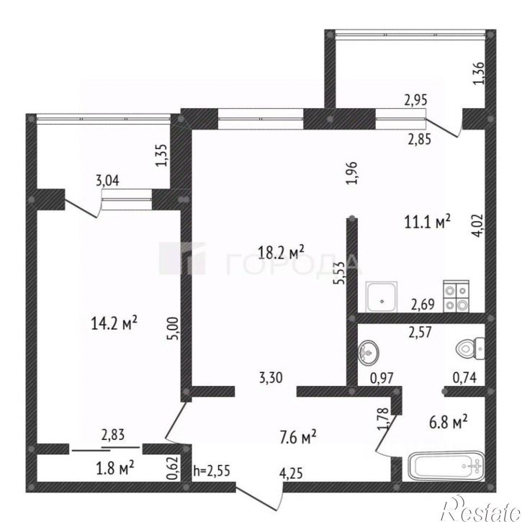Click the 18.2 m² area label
[x=282, y=252]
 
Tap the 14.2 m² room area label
[x=114, y=323]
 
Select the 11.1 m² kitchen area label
[x=428, y=221]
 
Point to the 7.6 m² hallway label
[x=298, y=437]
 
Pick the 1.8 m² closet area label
[x=115, y=468]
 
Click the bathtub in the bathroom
[x=446, y=466]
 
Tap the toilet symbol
[x=470, y=348]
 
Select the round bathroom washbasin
[x=369, y=352]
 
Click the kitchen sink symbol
[x=382, y=297]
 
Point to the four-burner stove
[x=456, y=297]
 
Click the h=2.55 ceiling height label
[x=212, y=471]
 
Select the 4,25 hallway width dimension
[x=292, y=474]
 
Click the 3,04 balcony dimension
[x=107, y=181]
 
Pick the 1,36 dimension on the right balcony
[x=480, y=74]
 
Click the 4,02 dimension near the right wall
[x=478, y=225]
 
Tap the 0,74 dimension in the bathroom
[x=464, y=377]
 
